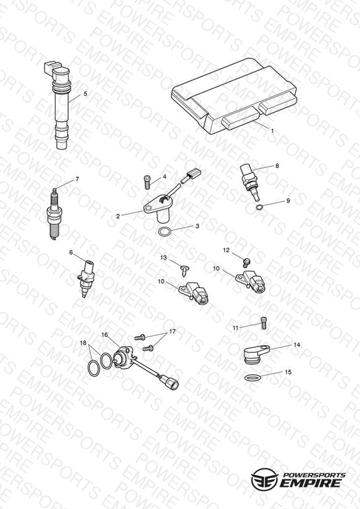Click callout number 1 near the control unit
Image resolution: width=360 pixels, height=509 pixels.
(272, 131)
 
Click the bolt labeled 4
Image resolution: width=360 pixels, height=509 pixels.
(148, 182)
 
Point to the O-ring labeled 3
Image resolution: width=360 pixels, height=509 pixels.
(164, 232)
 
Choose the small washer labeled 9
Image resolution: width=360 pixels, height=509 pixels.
(259, 207)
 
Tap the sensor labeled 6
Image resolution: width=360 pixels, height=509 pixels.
(86, 278)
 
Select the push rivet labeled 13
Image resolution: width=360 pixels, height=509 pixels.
(185, 271)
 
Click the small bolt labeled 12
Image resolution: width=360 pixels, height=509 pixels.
(246, 263)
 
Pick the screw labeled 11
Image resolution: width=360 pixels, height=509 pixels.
(263, 323)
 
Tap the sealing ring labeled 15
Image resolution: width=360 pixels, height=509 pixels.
(252, 377)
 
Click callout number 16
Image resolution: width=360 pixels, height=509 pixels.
(104, 335)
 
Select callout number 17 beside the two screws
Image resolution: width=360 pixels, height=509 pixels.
(172, 332)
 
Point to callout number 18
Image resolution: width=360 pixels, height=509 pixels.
(83, 343)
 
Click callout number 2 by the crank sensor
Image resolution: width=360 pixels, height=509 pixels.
(118, 216)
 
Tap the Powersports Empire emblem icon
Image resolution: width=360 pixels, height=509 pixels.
(265, 479)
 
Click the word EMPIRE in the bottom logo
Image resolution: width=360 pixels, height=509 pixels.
(311, 483)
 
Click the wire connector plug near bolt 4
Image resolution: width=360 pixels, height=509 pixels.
(193, 174)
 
